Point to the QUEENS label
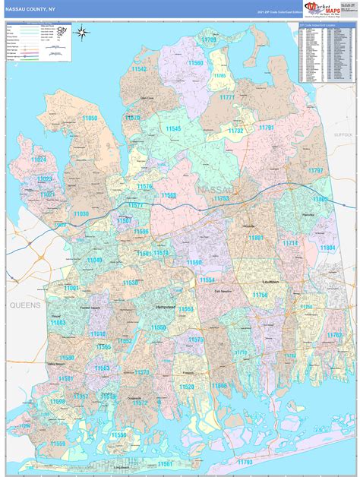click(24, 304)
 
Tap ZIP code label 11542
click(139, 69)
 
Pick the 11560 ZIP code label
click(195, 63)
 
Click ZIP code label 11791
click(267, 128)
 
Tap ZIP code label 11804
click(327, 248)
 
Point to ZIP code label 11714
click(291, 243)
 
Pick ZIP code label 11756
click(261, 295)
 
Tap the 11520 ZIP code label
click(186, 387)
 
